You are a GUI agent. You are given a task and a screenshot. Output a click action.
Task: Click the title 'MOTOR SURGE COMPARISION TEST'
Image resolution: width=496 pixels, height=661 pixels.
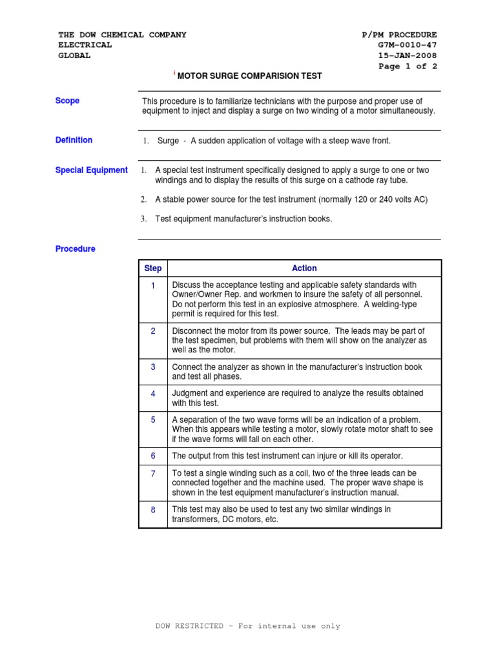point(249,76)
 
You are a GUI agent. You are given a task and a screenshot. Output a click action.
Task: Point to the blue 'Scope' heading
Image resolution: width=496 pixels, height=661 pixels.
point(67,101)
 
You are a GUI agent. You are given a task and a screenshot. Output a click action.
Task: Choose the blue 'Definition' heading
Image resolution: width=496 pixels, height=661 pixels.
point(74,139)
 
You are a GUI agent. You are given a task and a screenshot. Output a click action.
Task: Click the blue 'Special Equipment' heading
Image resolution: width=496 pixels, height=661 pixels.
point(91,170)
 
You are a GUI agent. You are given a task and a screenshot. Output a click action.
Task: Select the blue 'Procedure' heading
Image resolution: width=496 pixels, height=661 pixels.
point(75,249)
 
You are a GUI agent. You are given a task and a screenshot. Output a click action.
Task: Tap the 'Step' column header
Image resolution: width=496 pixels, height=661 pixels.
point(153,269)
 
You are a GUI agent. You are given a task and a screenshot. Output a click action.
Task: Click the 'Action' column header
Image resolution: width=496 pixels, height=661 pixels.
point(304,269)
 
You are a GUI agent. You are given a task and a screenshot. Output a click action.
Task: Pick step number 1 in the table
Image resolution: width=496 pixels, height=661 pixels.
point(153,285)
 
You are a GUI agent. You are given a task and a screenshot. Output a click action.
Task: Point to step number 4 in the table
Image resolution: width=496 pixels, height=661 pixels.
point(153,393)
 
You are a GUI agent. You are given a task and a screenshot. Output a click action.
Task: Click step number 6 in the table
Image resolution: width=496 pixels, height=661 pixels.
point(153,456)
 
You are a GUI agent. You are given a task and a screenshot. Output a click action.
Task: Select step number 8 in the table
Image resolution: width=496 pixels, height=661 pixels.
point(153,509)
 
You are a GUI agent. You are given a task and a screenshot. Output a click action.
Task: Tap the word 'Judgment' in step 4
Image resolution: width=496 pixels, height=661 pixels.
point(191,393)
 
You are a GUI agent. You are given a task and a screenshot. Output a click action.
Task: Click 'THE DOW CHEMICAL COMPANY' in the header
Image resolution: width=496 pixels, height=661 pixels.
point(122,35)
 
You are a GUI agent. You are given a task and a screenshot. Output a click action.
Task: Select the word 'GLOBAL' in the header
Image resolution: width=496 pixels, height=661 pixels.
point(74,56)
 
